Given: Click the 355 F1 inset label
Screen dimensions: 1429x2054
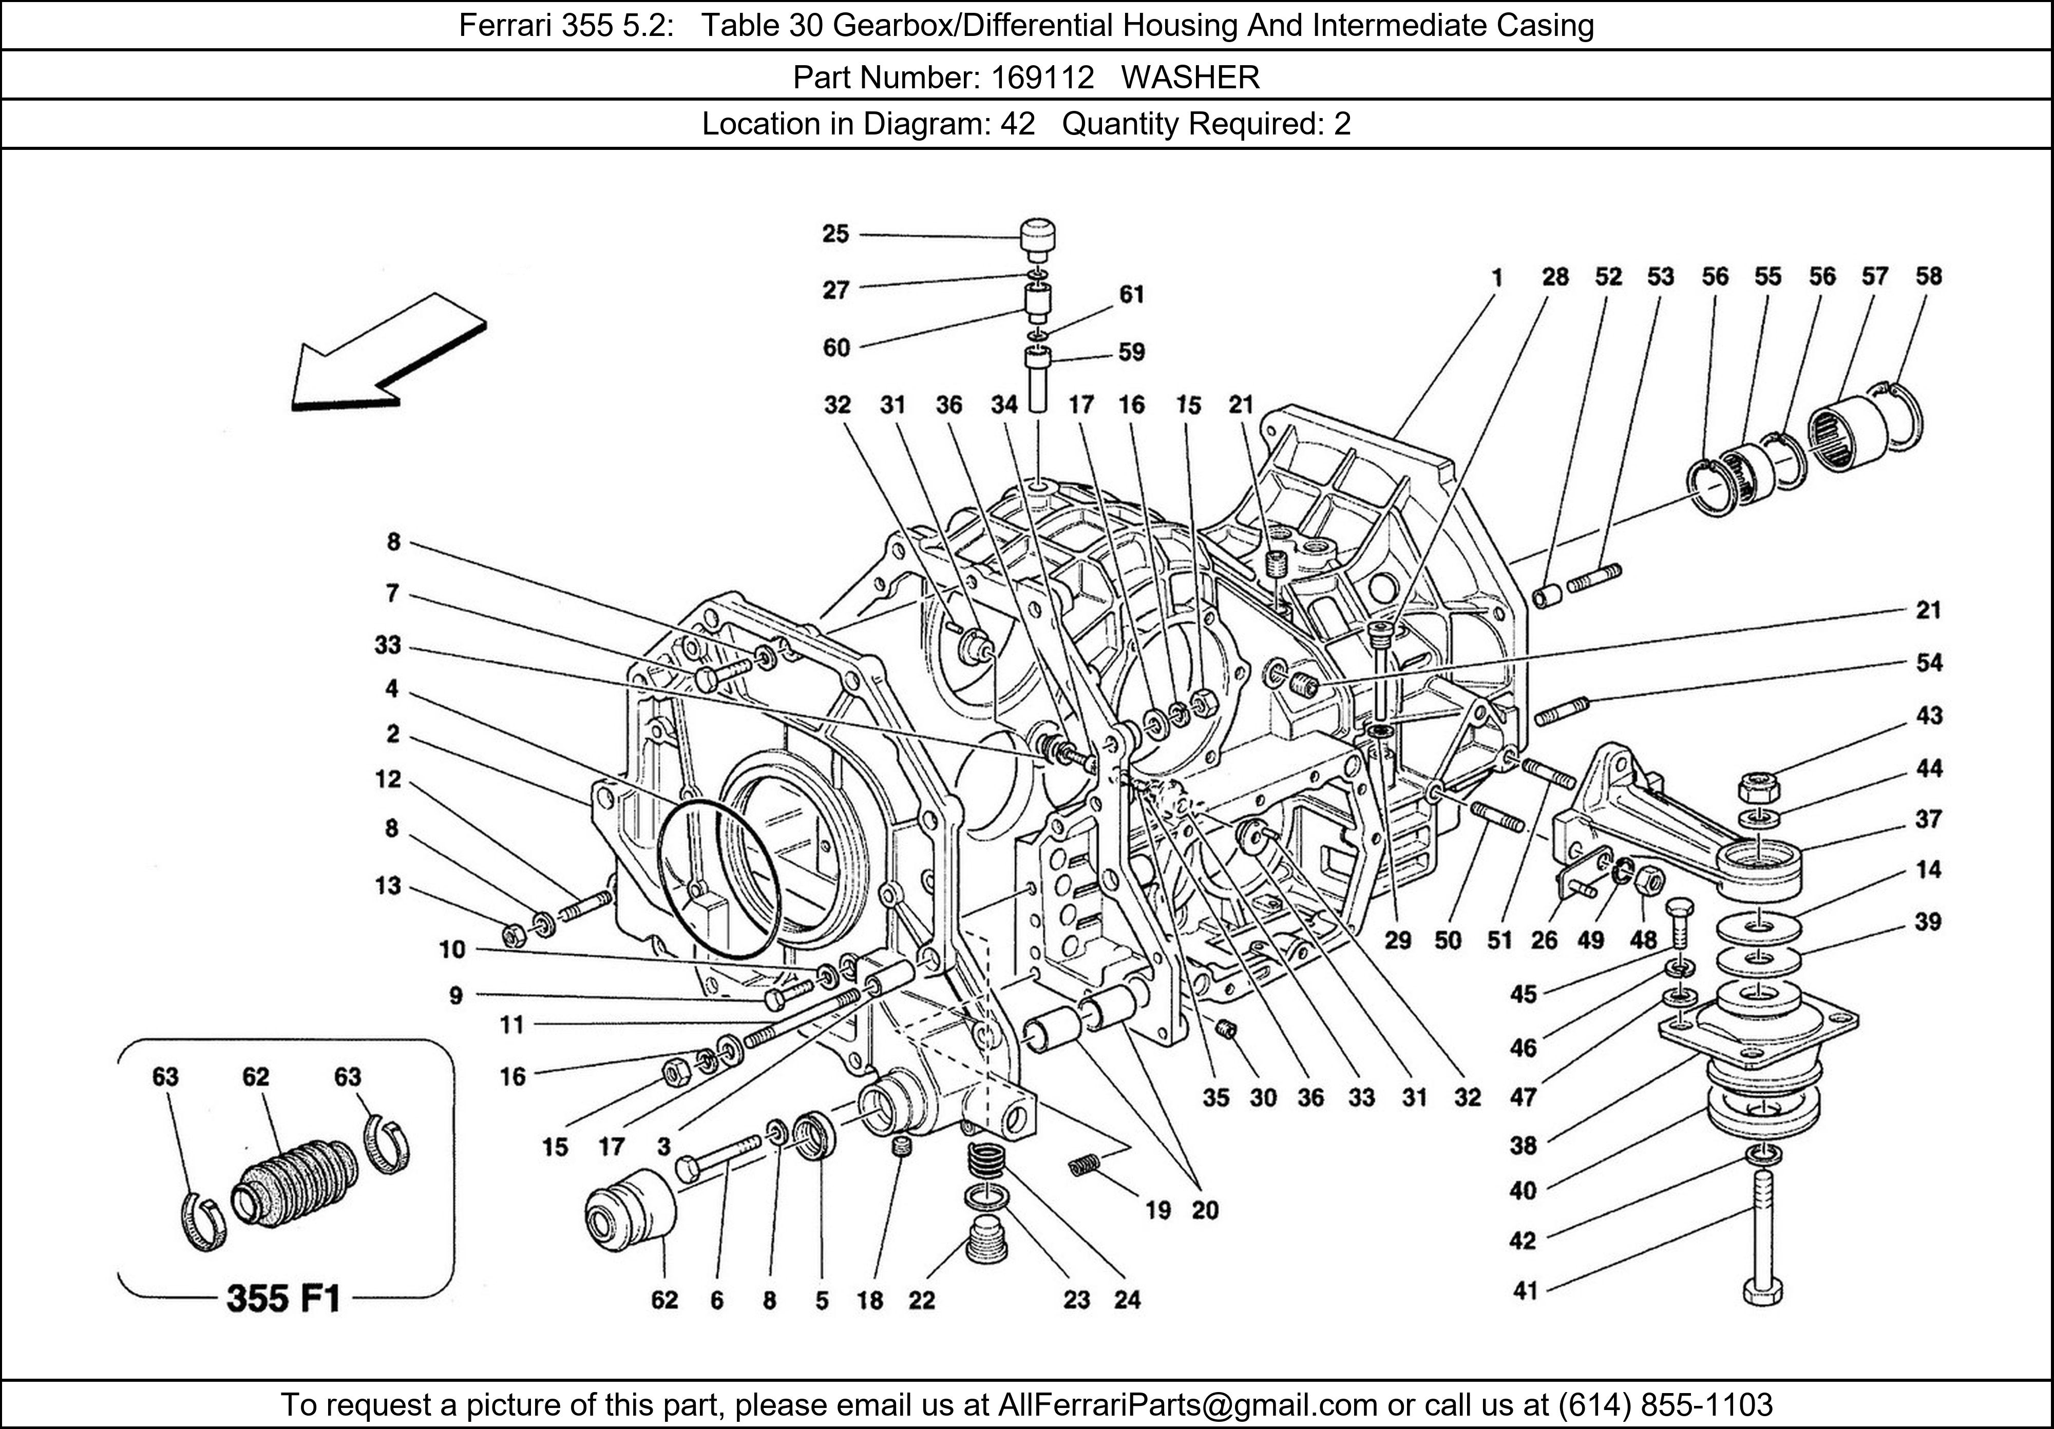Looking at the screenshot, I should (283, 1298).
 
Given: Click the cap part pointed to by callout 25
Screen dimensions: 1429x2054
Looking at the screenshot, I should (1038, 238).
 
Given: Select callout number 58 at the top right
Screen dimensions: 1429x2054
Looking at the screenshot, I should (1929, 276).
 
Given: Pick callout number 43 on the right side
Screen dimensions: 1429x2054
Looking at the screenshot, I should (1929, 716).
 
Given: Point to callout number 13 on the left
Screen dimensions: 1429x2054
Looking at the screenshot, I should (388, 886).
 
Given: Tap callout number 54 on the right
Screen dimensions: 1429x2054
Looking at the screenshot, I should (1929, 663).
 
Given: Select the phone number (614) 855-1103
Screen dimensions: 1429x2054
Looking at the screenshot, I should (1665, 1405).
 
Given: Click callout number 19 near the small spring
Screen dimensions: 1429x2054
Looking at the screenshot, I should (1157, 1211).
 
